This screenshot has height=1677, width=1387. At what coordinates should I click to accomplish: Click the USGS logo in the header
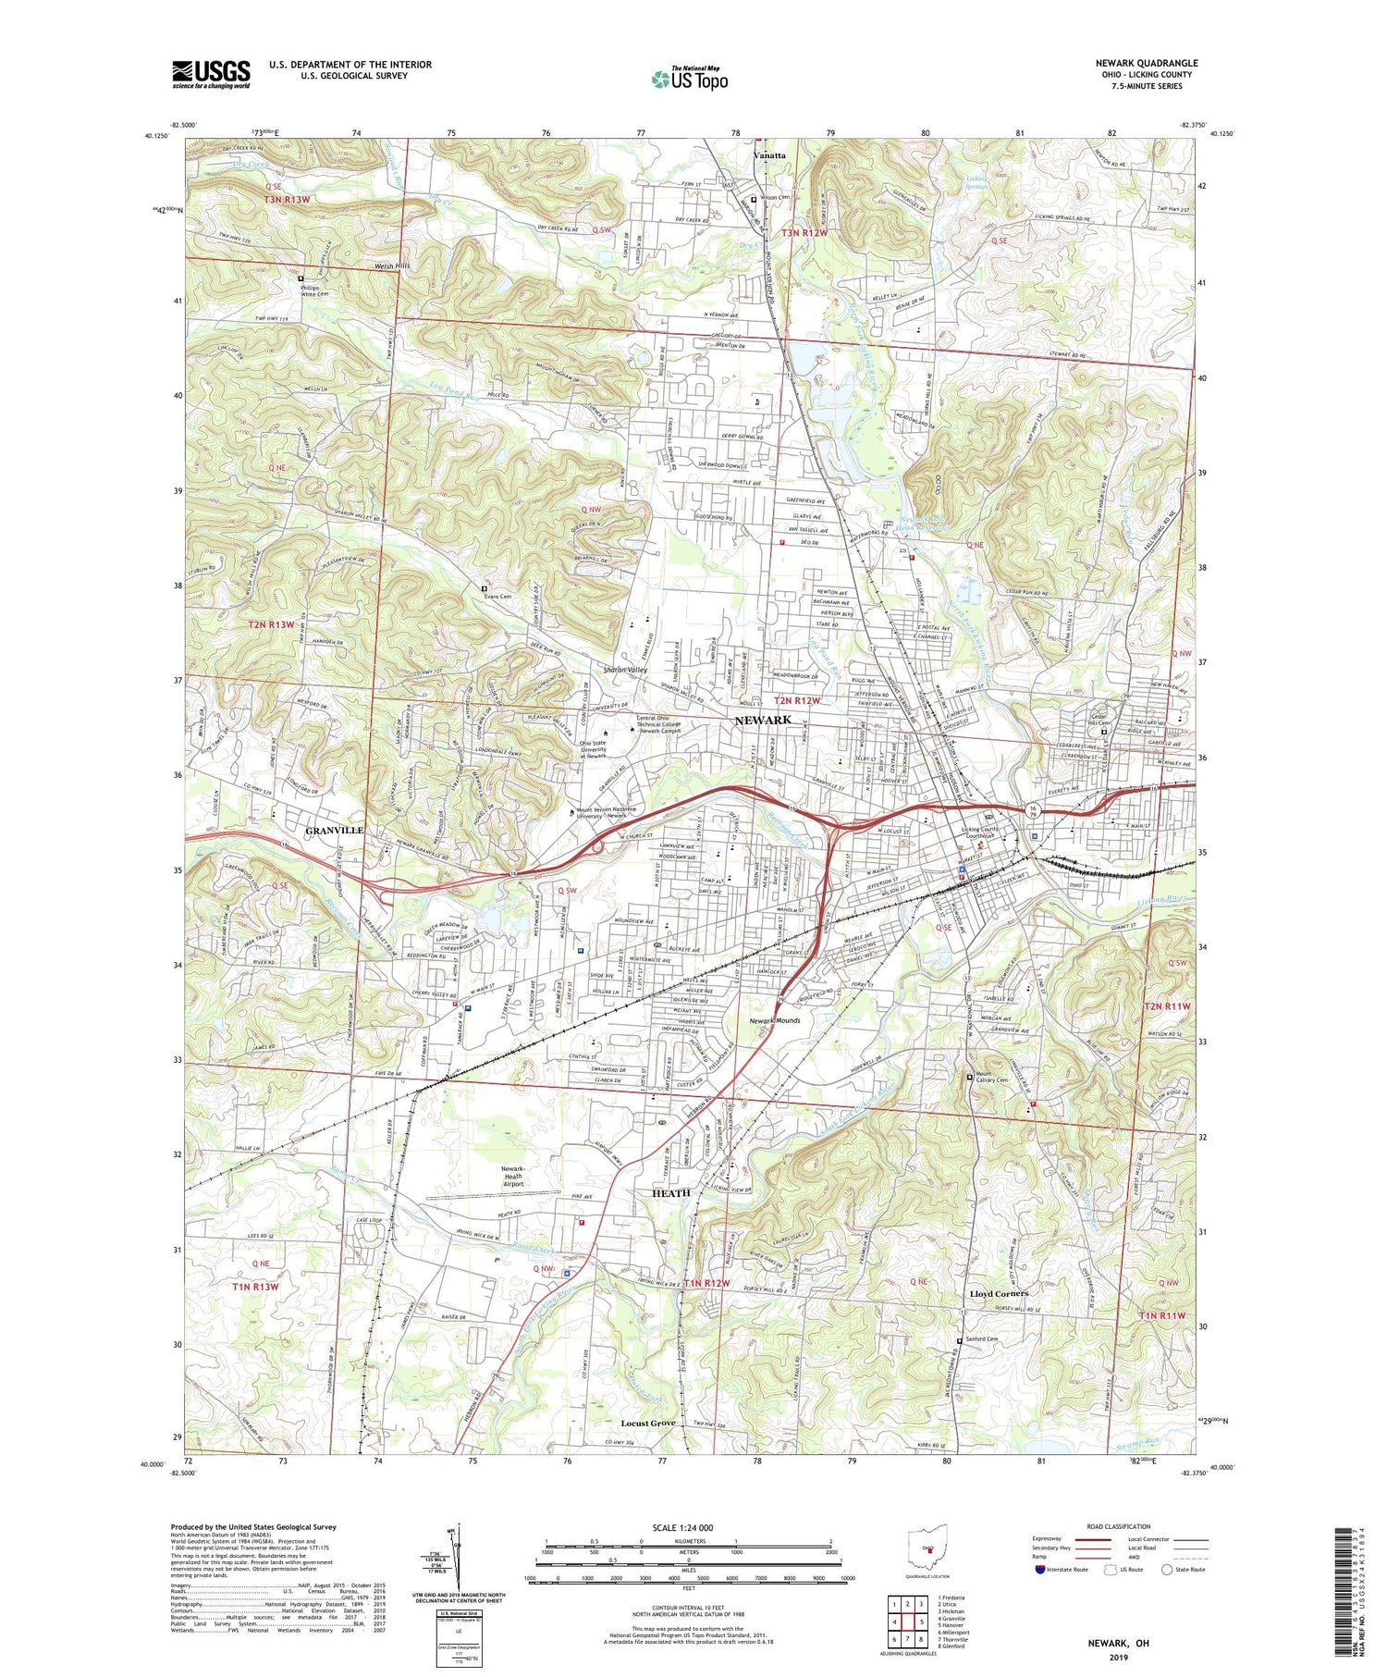[211, 74]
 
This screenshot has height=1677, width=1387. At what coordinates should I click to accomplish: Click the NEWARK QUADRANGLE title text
[1146, 63]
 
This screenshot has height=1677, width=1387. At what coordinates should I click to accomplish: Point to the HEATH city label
[670, 1193]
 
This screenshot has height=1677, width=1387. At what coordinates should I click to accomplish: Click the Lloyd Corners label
[999, 1293]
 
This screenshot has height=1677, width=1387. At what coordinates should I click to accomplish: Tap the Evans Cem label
[497, 597]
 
